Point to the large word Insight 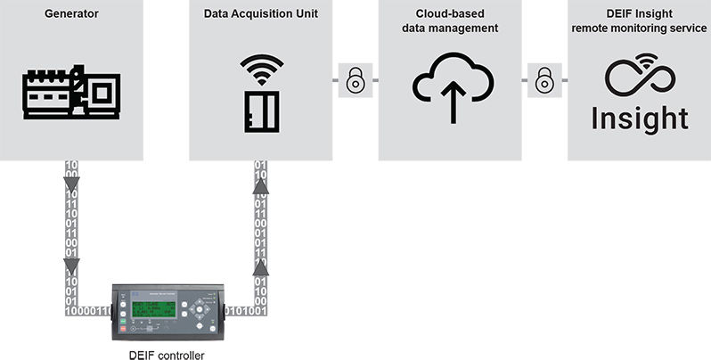639,119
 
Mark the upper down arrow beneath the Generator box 71,186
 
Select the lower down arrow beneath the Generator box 71,265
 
